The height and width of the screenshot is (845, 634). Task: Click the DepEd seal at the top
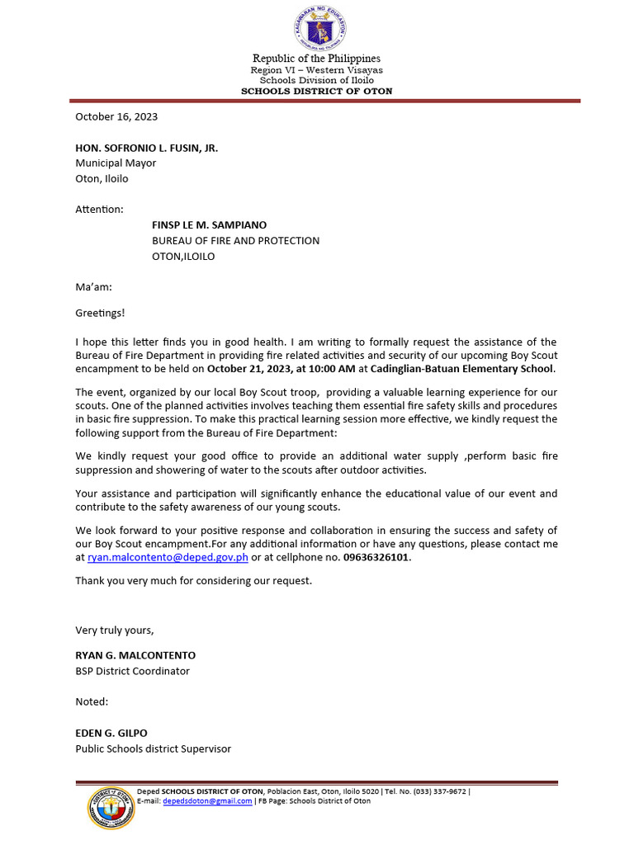click(319, 29)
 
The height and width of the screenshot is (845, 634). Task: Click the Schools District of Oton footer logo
click(110, 808)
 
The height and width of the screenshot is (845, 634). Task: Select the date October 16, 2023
click(116, 117)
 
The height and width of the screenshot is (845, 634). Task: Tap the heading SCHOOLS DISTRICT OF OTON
click(316, 92)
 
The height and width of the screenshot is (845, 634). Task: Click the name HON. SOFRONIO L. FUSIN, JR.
click(147, 148)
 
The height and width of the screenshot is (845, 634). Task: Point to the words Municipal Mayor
click(116, 163)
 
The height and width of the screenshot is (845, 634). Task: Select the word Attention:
click(100, 210)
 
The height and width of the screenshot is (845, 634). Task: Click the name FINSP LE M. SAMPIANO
click(209, 225)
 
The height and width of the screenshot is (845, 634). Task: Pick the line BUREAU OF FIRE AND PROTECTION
click(235, 241)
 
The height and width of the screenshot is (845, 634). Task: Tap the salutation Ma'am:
click(93, 287)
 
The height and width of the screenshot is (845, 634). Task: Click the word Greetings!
click(100, 314)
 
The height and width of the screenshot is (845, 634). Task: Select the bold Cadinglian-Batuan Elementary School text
click(462, 368)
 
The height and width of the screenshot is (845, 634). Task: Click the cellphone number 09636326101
click(376, 558)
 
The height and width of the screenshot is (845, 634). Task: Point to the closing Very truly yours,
click(115, 630)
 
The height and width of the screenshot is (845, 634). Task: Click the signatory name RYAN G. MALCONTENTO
click(135, 655)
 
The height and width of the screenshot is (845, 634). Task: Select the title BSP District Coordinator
click(132, 671)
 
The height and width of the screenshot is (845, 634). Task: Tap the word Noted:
click(92, 701)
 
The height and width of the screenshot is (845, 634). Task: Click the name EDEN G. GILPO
click(111, 733)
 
